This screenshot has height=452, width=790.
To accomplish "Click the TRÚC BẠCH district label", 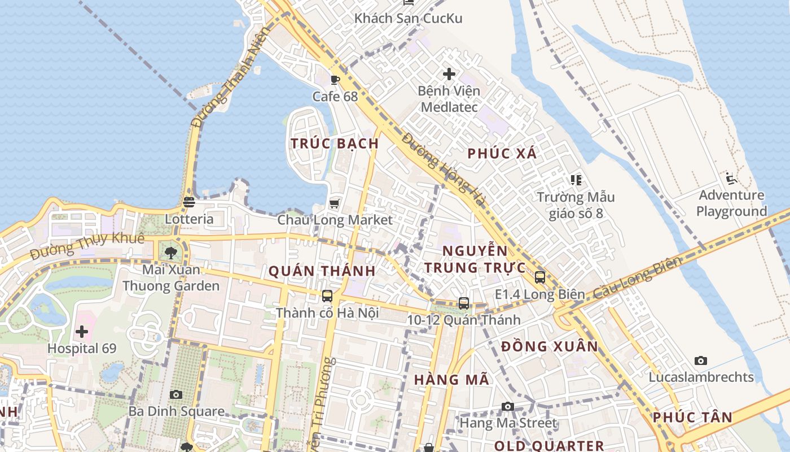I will [x=335, y=144].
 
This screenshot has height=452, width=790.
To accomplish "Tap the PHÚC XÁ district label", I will [x=502, y=153].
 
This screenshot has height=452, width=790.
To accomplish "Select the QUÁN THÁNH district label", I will [x=322, y=271].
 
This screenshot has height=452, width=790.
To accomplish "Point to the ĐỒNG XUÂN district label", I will [x=550, y=346].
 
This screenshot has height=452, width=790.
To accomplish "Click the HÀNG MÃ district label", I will [x=451, y=380].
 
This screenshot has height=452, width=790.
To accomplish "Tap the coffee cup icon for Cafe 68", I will [x=335, y=80].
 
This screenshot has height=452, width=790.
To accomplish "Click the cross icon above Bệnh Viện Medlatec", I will [x=449, y=74].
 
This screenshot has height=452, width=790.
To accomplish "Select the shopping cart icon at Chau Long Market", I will [x=335, y=203].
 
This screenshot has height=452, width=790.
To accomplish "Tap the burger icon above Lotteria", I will [x=189, y=202].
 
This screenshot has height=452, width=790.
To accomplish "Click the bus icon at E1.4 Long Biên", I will [x=540, y=277].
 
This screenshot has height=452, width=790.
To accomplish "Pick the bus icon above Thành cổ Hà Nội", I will [x=327, y=296].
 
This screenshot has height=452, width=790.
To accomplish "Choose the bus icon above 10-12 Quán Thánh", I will [x=464, y=303].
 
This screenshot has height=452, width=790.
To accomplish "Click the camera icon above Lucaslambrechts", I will [x=701, y=360].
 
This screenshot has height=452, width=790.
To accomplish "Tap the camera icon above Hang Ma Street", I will [x=508, y=406].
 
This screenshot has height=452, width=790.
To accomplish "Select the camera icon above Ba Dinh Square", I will [x=176, y=394].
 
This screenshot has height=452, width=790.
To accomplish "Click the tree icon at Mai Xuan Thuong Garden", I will [x=171, y=253].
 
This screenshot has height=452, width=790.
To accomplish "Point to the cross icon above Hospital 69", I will [x=82, y=332].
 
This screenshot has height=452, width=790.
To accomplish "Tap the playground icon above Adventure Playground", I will [x=731, y=179].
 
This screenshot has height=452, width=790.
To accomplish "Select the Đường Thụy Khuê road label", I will [x=87, y=246].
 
